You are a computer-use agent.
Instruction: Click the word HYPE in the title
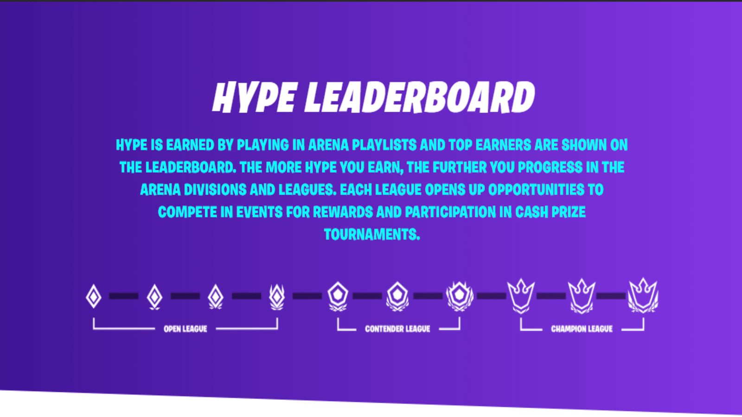[x=254, y=98]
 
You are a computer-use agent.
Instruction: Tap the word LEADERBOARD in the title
[x=419, y=98]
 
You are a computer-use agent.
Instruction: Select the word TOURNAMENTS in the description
[x=371, y=234]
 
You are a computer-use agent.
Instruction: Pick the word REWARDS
[x=343, y=212]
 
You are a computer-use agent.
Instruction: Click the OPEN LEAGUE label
[x=185, y=329]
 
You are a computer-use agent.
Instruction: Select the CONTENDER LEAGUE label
[x=397, y=329]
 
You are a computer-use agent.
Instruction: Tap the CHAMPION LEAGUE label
[x=582, y=329]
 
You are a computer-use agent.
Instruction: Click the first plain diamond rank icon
[x=94, y=296]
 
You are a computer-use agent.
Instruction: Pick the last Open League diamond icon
[x=277, y=296]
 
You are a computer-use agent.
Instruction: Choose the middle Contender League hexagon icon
[x=397, y=296]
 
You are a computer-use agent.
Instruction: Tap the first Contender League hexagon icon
[x=338, y=296]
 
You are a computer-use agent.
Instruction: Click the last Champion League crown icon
[x=643, y=295]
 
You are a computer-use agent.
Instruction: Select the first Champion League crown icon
[x=521, y=295]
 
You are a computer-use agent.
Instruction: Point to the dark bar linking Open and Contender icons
[x=307, y=296]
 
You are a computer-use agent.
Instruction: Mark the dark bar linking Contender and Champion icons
[x=491, y=296]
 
